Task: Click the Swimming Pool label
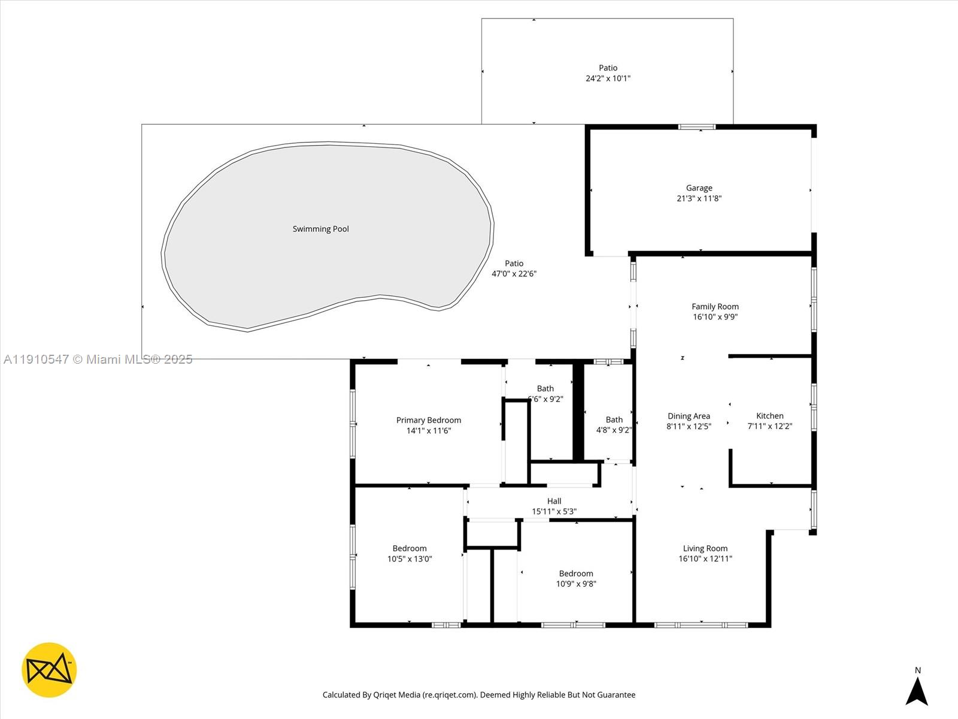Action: (320, 229)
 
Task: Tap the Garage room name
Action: (699, 188)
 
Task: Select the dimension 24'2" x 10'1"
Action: (608, 78)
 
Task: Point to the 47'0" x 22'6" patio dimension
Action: (514, 274)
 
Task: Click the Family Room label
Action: (715, 307)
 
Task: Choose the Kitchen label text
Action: (769, 416)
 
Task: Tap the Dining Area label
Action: (689, 416)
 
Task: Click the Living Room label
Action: (705, 548)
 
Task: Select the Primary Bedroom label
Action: (428, 420)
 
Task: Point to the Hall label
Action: (554, 501)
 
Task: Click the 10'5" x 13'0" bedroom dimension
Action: (410, 559)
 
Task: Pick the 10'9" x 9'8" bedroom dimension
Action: (576, 584)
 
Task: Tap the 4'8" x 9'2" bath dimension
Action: (614, 430)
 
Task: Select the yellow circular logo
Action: (49, 670)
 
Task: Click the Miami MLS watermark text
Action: (98, 359)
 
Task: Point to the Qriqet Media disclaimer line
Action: (479, 695)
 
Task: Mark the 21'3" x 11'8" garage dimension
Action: (699, 198)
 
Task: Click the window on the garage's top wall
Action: (696, 127)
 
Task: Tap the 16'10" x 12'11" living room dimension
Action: (705, 559)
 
